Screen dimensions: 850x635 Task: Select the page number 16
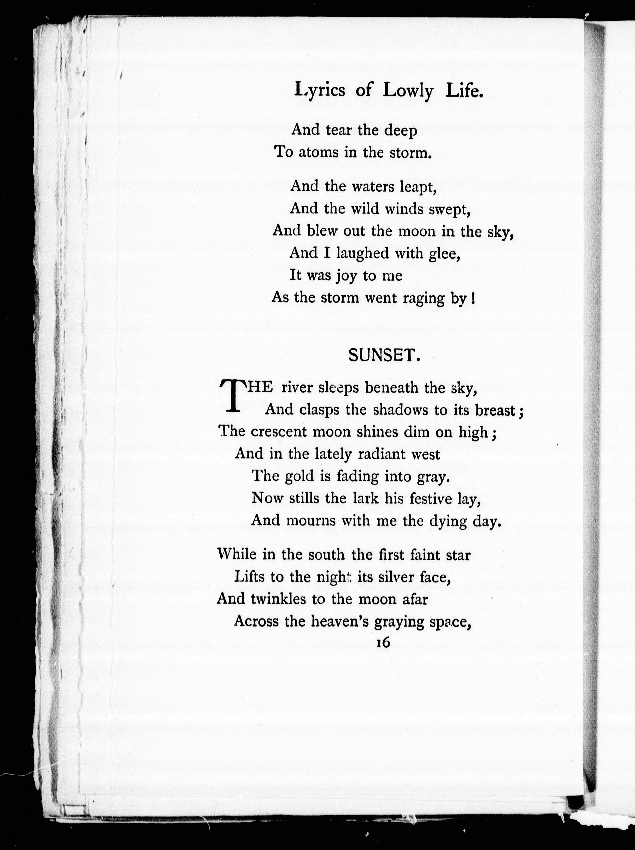383,642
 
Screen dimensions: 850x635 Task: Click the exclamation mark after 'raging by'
472,298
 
